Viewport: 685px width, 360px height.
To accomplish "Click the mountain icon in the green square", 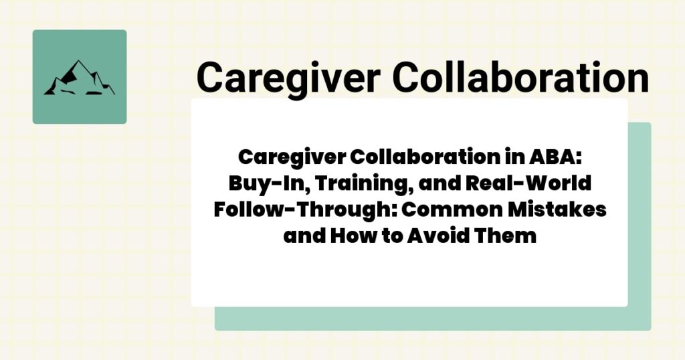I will [79, 78].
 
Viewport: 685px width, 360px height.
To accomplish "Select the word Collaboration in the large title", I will [520, 77].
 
